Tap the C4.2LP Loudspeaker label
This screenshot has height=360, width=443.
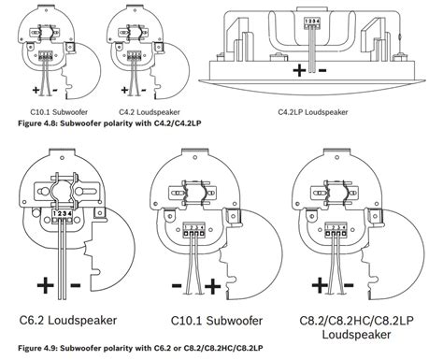point(318,112)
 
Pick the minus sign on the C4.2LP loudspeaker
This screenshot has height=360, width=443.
point(322,69)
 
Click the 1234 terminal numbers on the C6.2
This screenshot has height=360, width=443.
point(64,214)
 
